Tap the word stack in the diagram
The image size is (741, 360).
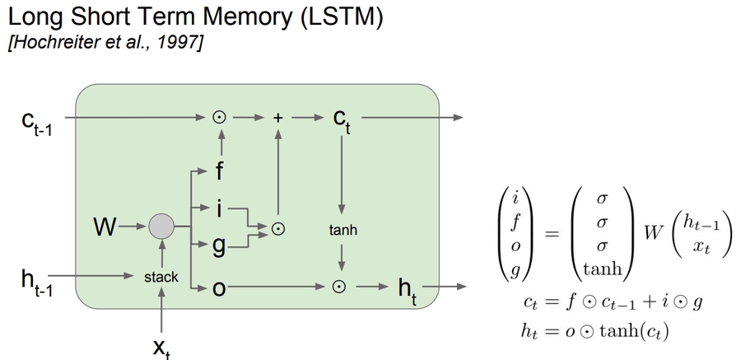pos(161,277)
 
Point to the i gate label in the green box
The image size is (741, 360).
pos(219,209)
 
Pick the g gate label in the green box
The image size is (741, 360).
pos(220,245)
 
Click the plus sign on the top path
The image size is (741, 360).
pos(277,118)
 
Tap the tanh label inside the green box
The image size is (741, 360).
pos(343,231)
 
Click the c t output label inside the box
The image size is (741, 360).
pos(343,120)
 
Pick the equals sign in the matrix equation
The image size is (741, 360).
pos(551,233)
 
